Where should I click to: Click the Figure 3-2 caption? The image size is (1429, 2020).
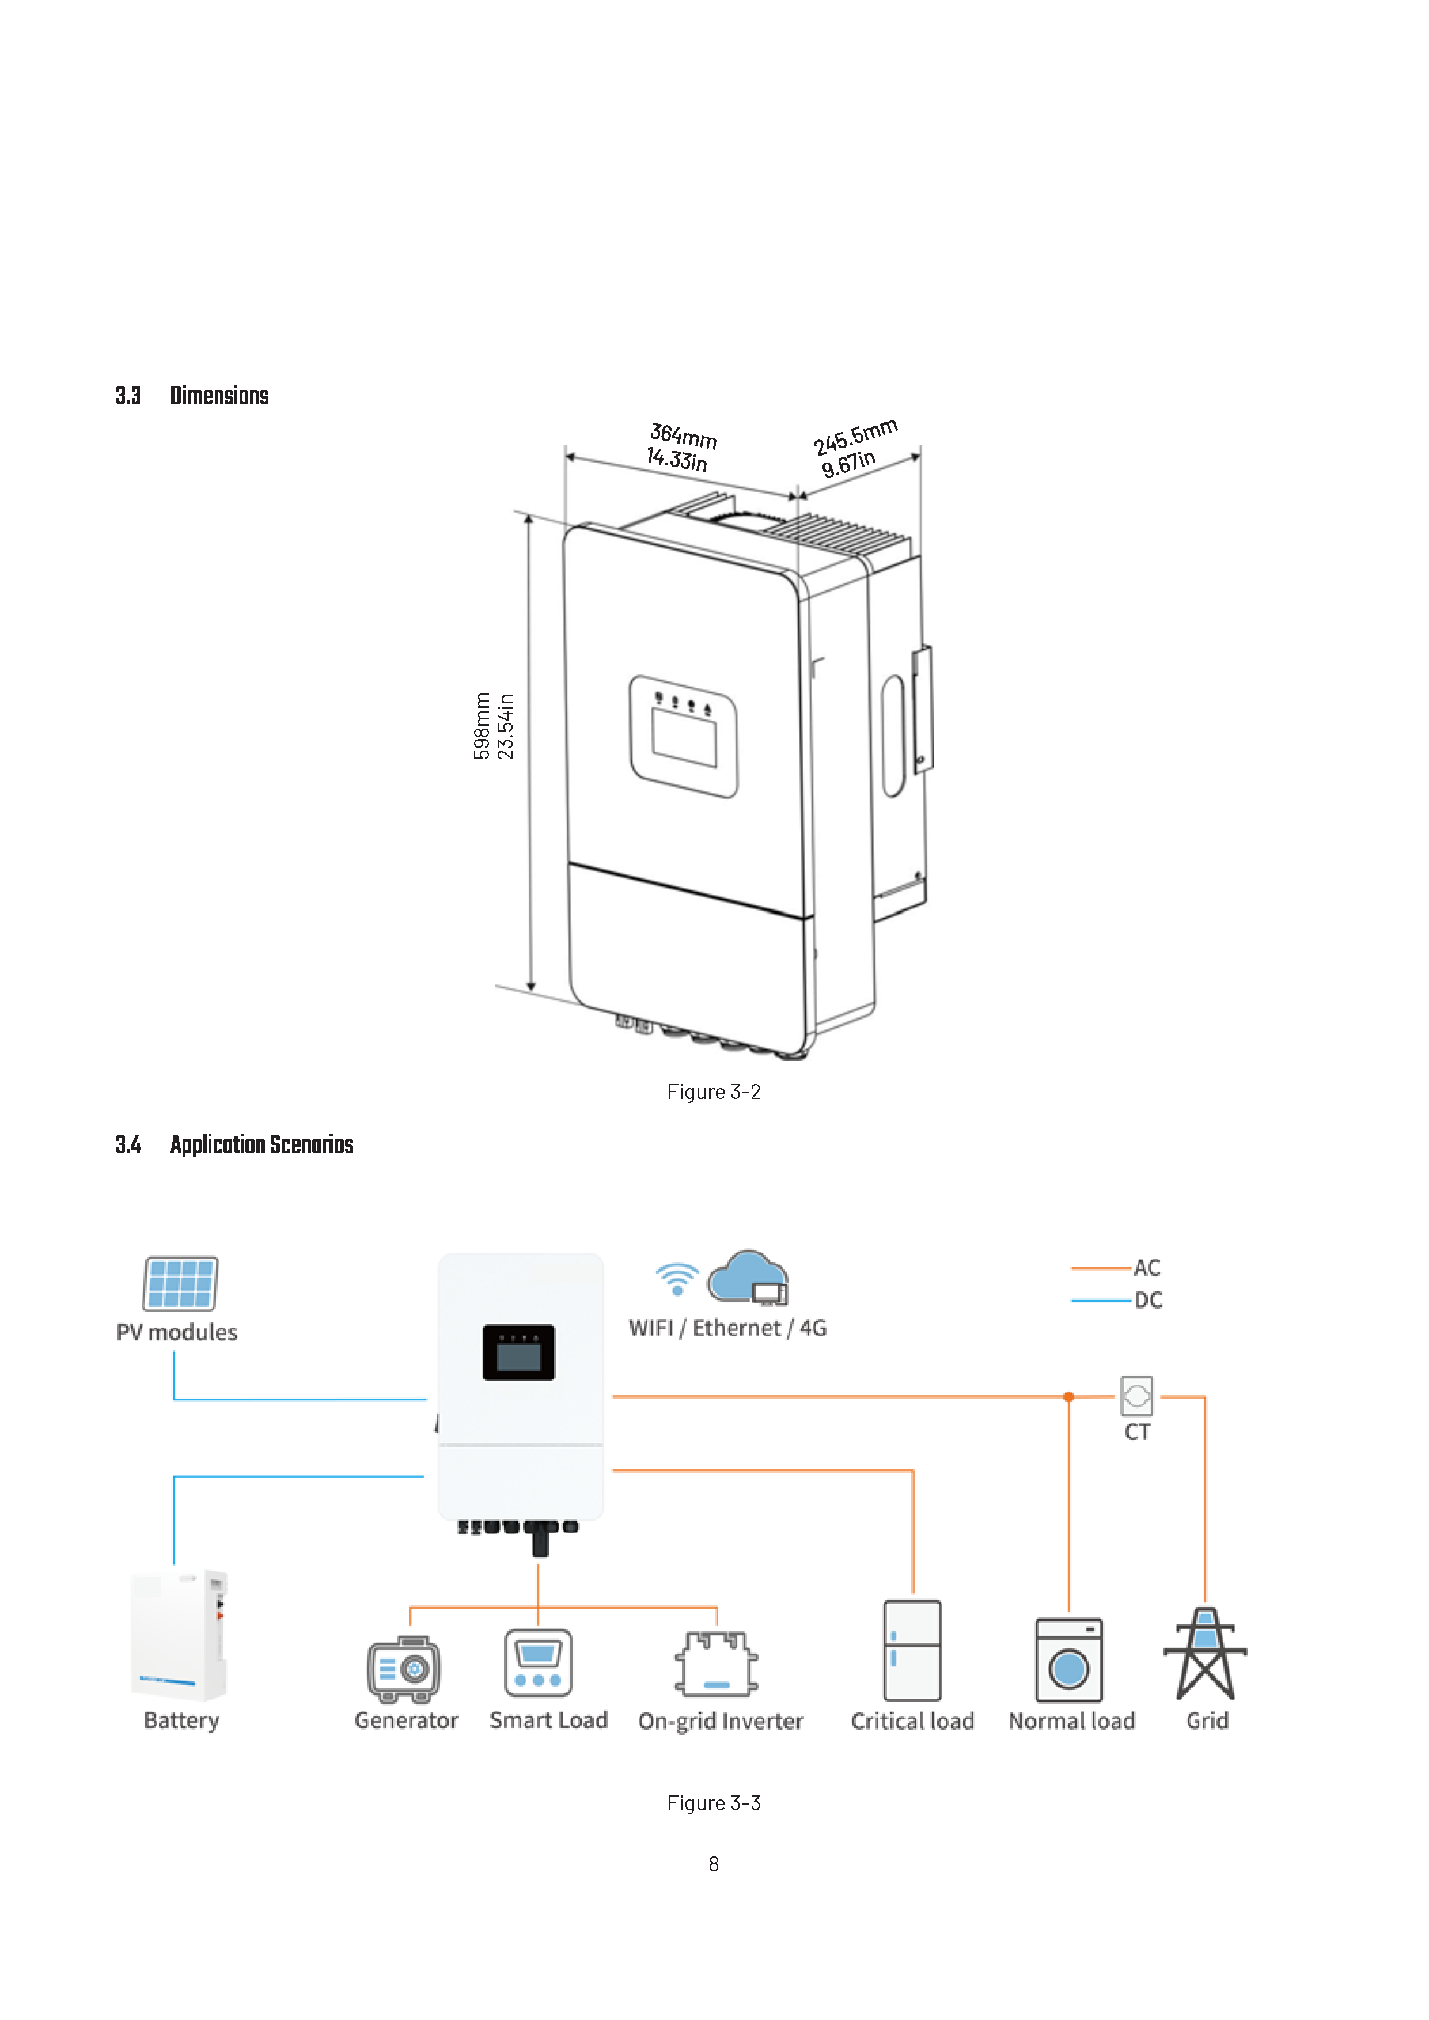point(714,1092)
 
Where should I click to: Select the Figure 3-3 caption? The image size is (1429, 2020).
point(714,1803)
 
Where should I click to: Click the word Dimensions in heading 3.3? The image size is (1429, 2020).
point(219,396)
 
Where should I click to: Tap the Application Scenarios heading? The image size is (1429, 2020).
point(261,1144)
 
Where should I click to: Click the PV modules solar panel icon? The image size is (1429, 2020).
point(180,1284)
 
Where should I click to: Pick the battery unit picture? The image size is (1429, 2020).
point(180,1635)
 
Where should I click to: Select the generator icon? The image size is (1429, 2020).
point(404,1669)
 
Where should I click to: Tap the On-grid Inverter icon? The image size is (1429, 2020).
point(717,1663)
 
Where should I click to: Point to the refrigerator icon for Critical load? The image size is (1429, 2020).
point(912,1650)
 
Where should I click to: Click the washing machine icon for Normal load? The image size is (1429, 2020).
point(1069,1660)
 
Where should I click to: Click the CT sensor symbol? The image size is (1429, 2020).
point(1137,1396)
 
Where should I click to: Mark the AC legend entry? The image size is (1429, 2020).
point(1116,1268)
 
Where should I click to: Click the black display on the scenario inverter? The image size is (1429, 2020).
point(518,1352)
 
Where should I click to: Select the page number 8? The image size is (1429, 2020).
point(714,1864)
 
